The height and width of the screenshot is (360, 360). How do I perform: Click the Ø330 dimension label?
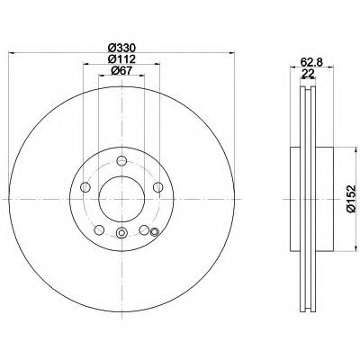tap(121, 48)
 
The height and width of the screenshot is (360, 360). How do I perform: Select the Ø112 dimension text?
tap(121, 59)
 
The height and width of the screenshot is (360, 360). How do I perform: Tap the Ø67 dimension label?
tap(121, 70)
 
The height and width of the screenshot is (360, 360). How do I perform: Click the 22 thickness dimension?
tap(307, 73)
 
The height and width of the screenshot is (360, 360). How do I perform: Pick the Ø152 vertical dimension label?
tap(350, 199)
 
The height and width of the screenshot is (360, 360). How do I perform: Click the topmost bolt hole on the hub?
tap(121, 161)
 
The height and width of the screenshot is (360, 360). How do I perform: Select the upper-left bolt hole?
tap(85, 187)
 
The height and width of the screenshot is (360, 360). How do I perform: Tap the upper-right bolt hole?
tap(157, 187)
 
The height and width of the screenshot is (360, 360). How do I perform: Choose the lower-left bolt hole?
tap(99, 230)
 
